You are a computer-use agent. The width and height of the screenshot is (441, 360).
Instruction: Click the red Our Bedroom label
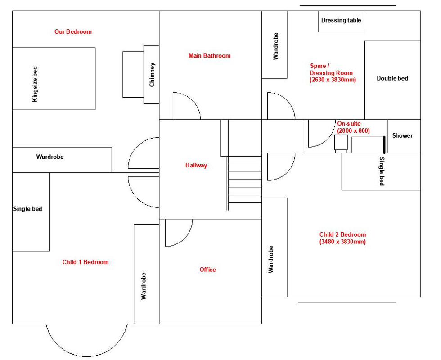click(x=73, y=32)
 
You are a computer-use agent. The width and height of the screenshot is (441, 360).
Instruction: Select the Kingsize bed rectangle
click(x=54, y=79)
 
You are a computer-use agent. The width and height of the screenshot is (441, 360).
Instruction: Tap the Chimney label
click(x=152, y=75)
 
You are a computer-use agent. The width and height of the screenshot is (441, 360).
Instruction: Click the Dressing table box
click(x=341, y=21)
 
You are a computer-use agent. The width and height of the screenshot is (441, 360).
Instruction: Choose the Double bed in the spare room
click(x=392, y=80)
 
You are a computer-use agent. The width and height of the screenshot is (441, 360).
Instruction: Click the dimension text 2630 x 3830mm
click(x=333, y=80)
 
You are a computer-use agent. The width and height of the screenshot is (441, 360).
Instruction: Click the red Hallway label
click(x=196, y=166)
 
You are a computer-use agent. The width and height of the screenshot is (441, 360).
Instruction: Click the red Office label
click(x=207, y=270)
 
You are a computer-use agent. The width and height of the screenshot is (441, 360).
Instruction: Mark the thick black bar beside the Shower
click(x=384, y=144)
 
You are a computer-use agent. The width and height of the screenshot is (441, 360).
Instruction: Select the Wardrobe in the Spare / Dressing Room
click(x=274, y=45)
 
